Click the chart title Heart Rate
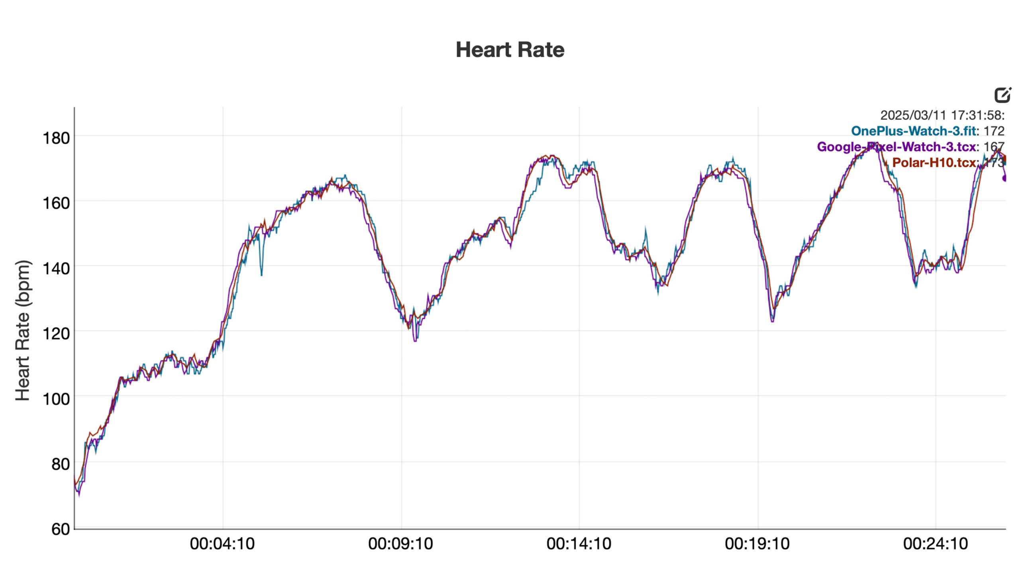click(x=510, y=50)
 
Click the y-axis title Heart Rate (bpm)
click(x=23, y=330)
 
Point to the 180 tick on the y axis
click(x=56, y=138)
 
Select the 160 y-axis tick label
click(x=56, y=203)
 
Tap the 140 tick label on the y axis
click(x=56, y=268)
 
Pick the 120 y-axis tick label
click(x=56, y=333)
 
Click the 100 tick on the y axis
click(x=56, y=399)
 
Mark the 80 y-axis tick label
click(x=60, y=464)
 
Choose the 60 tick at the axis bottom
click(x=60, y=529)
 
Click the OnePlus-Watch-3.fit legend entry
click(x=914, y=131)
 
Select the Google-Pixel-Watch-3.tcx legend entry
click(x=896, y=147)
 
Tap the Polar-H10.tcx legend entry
click(x=934, y=163)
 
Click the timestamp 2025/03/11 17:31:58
click(x=942, y=116)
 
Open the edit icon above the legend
click(x=1002, y=95)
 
